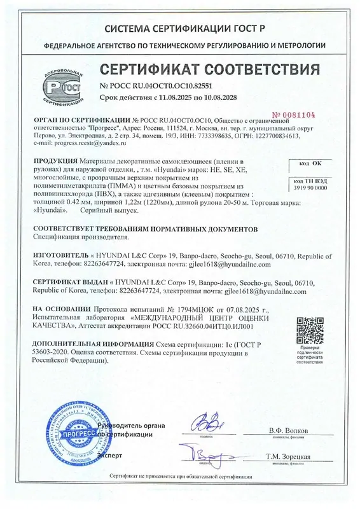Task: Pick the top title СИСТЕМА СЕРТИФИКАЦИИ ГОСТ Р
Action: pos(180,29)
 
